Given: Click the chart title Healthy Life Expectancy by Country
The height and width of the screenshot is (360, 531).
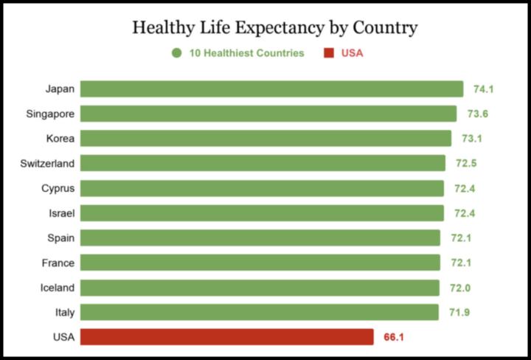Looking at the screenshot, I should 274,28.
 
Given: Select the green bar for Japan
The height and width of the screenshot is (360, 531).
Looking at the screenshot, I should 271,89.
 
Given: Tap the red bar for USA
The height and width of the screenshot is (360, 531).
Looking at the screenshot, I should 227,337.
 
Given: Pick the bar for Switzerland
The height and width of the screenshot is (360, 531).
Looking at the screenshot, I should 263,163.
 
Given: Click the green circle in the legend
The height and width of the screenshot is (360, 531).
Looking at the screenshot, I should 177,53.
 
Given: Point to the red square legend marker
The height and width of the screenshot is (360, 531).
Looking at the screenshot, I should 328,53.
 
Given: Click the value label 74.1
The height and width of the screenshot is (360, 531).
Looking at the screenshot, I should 483,89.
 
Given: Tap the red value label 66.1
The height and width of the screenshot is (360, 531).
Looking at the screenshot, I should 394,337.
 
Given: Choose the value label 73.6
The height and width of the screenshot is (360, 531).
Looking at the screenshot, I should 478,114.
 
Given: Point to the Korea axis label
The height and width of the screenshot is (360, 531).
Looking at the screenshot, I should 60,139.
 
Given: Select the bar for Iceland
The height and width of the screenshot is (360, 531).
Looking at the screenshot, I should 260,288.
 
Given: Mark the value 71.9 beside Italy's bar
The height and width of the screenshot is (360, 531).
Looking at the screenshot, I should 459,313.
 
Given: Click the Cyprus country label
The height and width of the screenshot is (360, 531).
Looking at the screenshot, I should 58,188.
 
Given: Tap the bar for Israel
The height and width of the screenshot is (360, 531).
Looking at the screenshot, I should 262,213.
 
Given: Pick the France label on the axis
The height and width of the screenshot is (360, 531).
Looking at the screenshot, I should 58,263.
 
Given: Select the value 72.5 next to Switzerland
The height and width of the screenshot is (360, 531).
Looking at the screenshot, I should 467,163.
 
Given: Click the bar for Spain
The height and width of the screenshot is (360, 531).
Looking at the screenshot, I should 260,238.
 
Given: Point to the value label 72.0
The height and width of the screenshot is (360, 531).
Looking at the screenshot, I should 460,288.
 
